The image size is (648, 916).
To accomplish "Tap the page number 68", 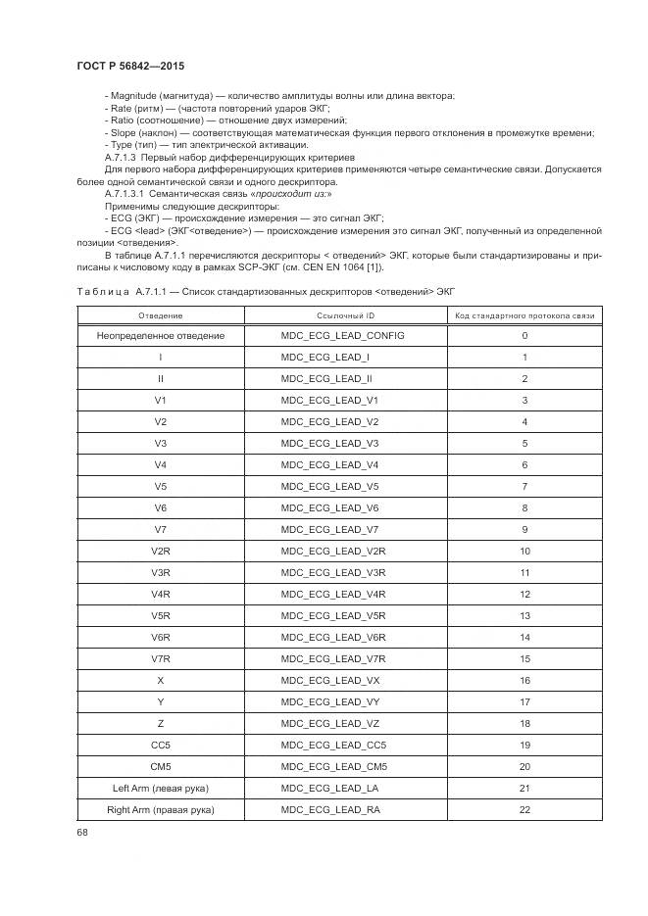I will pyautogui.click(x=81, y=834).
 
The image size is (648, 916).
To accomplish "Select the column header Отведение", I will pyautogui.click(x=160, y=315).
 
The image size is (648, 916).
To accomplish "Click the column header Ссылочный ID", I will pyautogui.click(x=345, y=315).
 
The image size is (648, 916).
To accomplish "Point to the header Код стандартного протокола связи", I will pyautogui.click(x=524, y=315).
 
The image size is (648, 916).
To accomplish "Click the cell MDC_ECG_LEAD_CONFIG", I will pyautogui.click(x=342, y=336).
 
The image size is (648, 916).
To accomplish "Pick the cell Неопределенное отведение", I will pyautogui.click(x=160, y=336).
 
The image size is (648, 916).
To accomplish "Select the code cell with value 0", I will pyautogui.click(x=524, y=336).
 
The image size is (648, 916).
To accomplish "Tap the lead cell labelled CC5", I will pyautogui.click(x=160, y=746).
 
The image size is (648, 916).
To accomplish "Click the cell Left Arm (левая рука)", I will pyautogui.click(x=160, y=789).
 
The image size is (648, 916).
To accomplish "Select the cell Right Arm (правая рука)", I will pyautogui.click(x=160, y=810).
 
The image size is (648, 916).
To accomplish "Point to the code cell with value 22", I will pyautogui.click(x=524, y=810).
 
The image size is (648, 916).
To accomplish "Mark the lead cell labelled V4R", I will pyautogui.click(x=160, y=595).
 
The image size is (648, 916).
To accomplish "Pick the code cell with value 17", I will pyautogui.click(x=524, y=702).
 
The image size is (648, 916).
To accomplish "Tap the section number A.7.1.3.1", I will pyautogui.click(x=125, y=193).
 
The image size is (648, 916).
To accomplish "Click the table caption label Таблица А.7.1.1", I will pyautogui.click(x=128, y=291).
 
